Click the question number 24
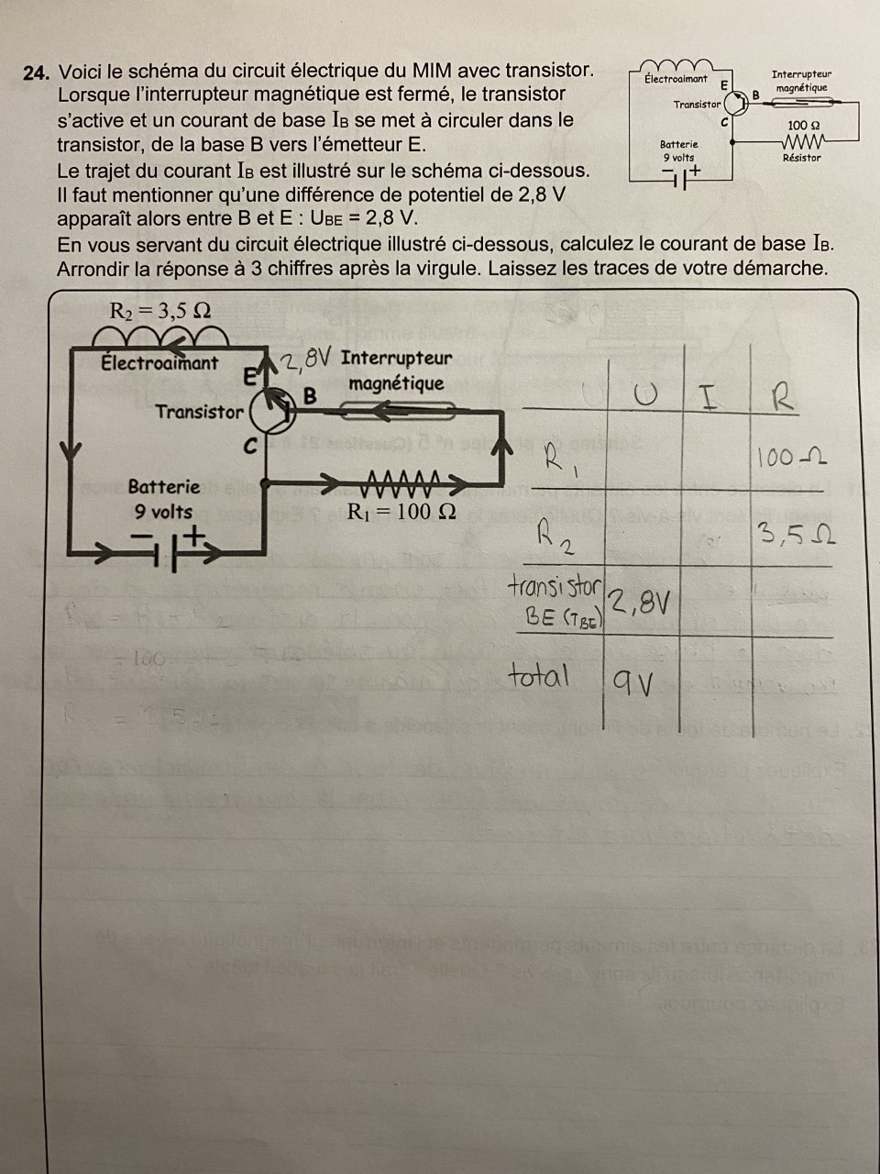coord(36,72)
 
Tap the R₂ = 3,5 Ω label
coord(160,310)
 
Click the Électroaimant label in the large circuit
coord(159,362)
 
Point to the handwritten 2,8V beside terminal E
coord(306,359)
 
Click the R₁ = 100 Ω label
coord(401,512)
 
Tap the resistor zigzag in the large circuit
coord(404,480)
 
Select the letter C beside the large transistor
coord(250,447)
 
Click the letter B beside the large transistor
coord(310,396)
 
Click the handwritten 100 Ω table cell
coord(792,456)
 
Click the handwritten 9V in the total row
coord(632,682)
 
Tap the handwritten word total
coord(539,677)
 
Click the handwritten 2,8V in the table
coord(639,603)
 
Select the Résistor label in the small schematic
coord(801,158)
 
